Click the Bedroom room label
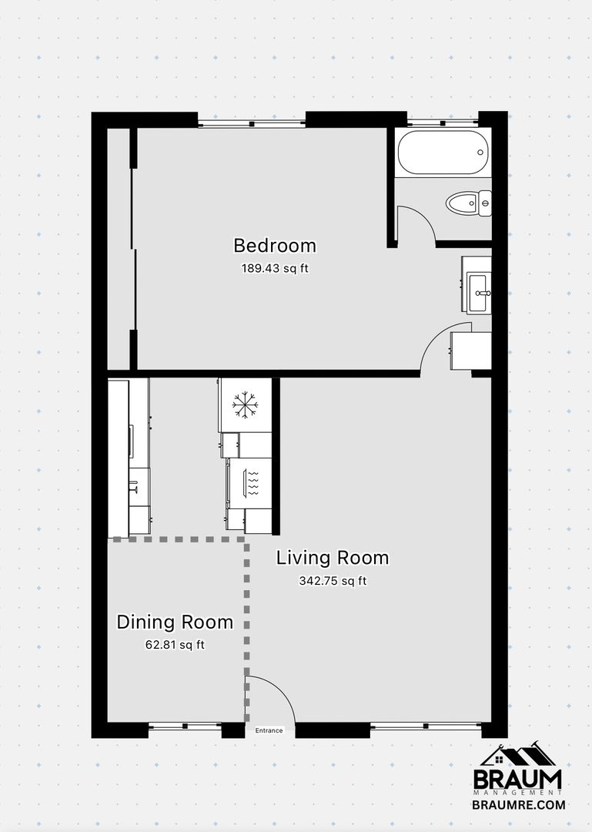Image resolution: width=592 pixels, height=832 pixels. point(275,246)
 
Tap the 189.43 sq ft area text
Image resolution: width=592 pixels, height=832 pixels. point(275,269)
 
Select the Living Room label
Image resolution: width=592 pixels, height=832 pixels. point(333,558)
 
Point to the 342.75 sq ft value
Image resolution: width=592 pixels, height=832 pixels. point(333,581)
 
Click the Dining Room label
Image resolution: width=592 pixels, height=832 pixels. point(175,622)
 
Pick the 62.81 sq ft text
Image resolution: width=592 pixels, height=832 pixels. point(175,646)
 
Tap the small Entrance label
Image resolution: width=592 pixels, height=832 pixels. point(269,730)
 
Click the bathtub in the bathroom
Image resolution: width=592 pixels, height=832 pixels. point(443,153)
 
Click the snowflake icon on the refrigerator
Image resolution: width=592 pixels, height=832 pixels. point(245,405)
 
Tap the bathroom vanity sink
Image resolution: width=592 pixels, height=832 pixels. point(479,293)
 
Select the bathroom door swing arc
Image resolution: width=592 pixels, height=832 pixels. point(424,216)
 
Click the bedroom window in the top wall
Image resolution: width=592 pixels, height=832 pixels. point(252,123)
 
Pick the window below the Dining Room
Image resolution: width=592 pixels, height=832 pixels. point(185,726)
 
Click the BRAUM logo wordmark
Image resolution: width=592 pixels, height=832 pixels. point(517,779)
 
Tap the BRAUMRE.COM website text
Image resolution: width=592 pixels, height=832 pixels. point(519,805)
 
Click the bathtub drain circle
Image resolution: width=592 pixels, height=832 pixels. point(480,153)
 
